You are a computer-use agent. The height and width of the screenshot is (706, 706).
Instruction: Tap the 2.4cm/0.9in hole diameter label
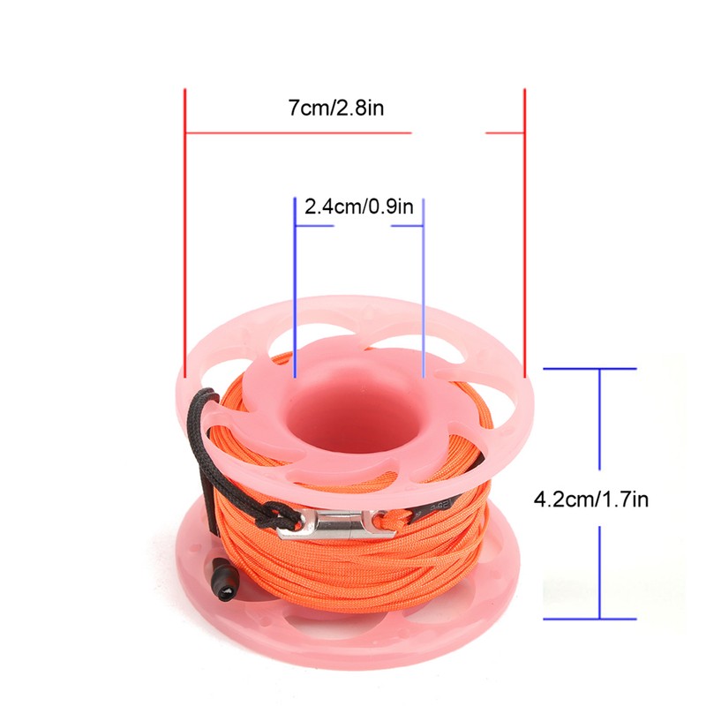tap(359, 207)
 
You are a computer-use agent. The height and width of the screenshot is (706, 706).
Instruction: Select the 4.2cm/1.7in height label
tap(591, 499)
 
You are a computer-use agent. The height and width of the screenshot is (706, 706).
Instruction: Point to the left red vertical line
tap(184, 229)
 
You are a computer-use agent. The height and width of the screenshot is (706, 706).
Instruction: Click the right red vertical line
tap(524, 229)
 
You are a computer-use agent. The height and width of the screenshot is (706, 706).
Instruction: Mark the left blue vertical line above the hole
tap(295, 282)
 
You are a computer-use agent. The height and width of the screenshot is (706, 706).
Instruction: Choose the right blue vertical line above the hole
tap(424, 282)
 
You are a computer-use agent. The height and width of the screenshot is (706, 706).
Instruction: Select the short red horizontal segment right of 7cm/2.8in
tap(505, 134)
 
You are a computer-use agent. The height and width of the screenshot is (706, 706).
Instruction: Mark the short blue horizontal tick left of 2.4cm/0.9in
tap(314, 226)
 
